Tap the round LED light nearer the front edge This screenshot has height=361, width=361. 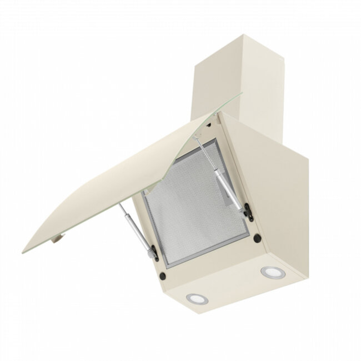tap(197, 298)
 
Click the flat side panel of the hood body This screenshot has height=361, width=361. tap(278, 194)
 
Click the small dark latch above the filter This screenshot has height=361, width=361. tap(209, 133)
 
